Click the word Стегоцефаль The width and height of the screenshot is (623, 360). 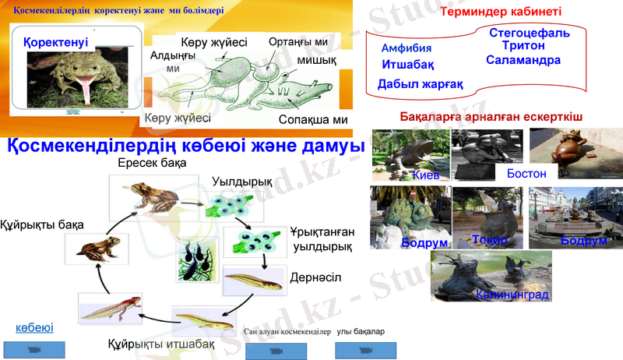[530, 34]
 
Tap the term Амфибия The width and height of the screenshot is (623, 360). [407, 48]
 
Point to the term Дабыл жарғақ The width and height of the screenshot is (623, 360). [421, 84]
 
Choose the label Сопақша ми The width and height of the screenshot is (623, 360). [313, 120]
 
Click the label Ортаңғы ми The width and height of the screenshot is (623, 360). [297, 41]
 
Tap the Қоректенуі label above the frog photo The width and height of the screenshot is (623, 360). [55, 42]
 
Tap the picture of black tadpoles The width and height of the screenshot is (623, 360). [197, 259]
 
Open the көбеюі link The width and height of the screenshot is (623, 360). [34, 328]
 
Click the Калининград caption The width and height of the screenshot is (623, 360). [512, 295]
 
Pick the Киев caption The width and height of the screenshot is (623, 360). [426, 176]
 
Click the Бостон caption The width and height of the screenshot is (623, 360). [526, 173]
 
